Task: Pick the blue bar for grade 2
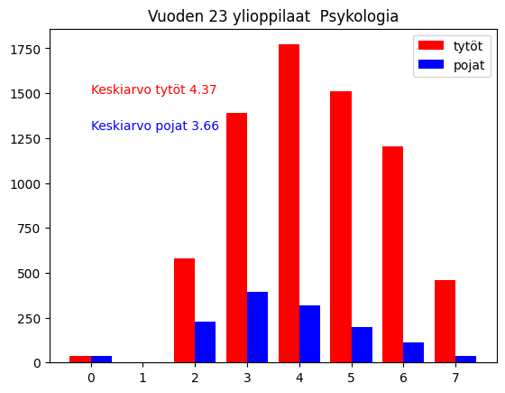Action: pos(205,342)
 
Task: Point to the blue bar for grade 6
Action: pos(414,352)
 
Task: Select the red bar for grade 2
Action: pos(184,311)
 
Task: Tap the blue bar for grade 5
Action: pos(362,345)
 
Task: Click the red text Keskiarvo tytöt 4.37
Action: pos(153,90)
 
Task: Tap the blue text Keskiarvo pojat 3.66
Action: pos(155,126)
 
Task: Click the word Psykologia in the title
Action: pos(353,16)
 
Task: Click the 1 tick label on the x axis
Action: pos(142,377)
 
